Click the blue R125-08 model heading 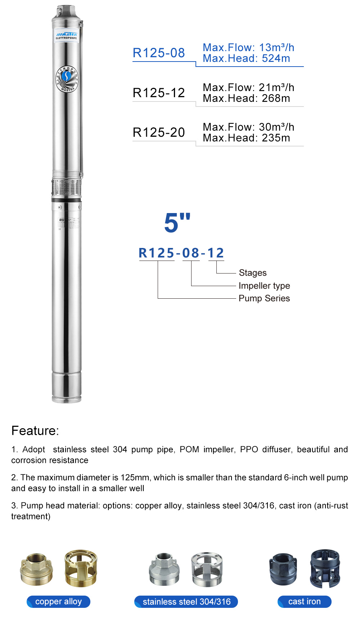pos(158,53)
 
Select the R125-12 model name pos(158,93)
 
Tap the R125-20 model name pos(158,132)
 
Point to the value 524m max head pos(276,59)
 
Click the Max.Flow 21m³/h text pos(248,87)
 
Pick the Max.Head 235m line pos(246,138)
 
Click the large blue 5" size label pos(177,223)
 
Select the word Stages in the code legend pos(253,273)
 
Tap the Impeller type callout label pos(264,286)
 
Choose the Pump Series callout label pos(264,298)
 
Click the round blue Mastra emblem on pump pos(67,79)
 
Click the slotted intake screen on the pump pos(66,187)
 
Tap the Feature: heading pos(35,431)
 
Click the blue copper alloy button pos(58,602)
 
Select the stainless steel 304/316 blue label pos(186,602)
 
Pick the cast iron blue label pos(304,602)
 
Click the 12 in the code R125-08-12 pos(216,253)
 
